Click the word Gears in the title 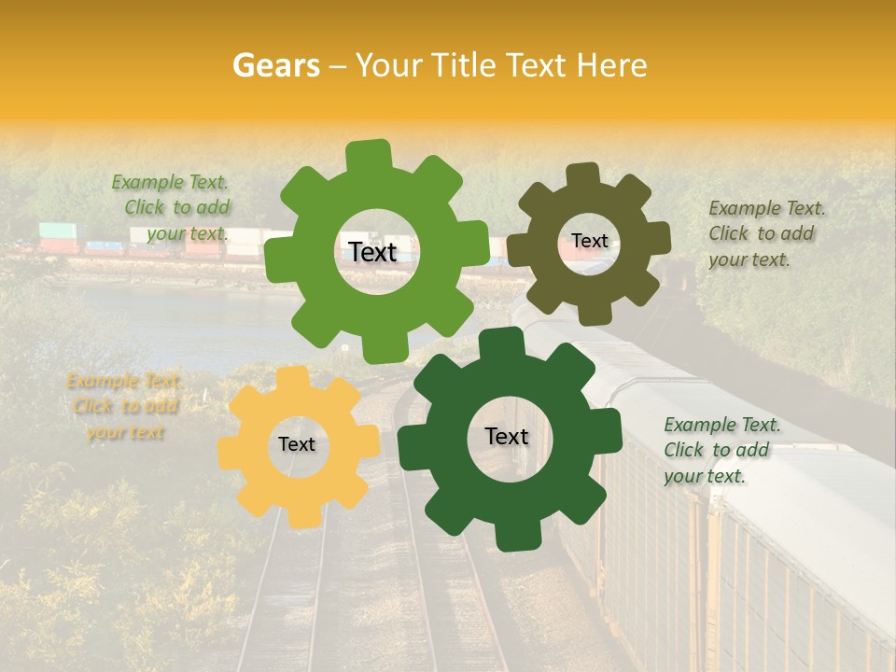(x=275, y=65)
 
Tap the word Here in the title (x=612, y=65)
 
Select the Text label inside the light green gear (x=373, y=252)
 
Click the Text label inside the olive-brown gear (x=590, y=241)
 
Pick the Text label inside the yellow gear (x=297, y=444)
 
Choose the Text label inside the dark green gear (x=507, y=436)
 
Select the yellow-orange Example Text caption (x=124, y=407)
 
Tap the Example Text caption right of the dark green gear (x=721, y=450)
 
